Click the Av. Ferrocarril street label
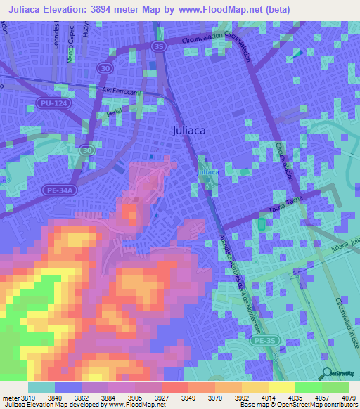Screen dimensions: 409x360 click(x=122, y=91)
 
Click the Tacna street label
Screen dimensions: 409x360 click(x=281, y=207)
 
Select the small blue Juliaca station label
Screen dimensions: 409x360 click(x=207, y=172)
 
